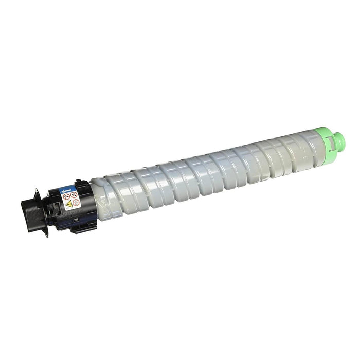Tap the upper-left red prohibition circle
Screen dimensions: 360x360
[x=66, y=196]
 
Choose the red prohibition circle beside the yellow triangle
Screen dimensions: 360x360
[x=77, y=202]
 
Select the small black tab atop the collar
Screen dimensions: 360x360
[x=78, y=182]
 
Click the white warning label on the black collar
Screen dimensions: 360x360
[x=71, y=200]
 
